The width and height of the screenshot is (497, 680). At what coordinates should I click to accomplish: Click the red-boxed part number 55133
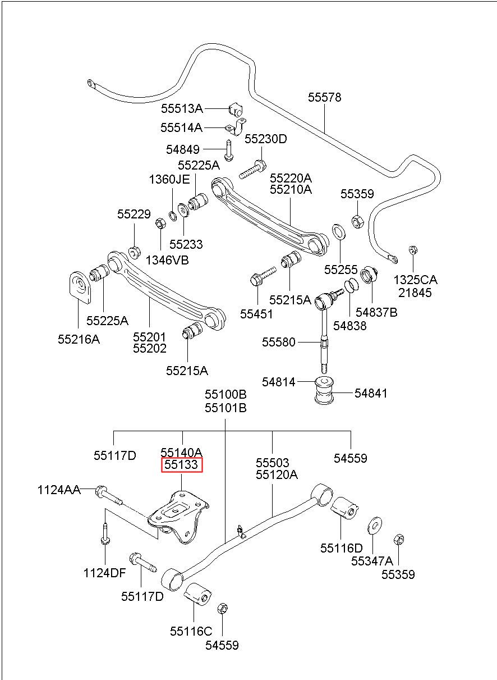click(181, 465)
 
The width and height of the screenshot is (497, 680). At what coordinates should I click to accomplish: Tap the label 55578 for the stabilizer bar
click(324, 97)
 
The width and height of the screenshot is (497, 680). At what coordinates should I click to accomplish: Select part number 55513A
click(182, 108)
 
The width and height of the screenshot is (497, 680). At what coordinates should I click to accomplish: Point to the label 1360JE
click(169, 180)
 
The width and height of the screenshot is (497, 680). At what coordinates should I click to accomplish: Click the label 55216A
click(79, 339)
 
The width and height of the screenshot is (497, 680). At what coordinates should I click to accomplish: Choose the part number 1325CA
click(415, 280)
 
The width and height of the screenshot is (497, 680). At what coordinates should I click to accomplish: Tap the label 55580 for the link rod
click(279, 342)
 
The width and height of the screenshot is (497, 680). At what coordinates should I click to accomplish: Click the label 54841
click(371, 394)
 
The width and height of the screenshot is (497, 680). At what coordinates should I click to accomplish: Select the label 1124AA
click(59, 490)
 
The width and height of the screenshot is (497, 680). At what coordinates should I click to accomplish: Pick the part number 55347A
click(372, 561)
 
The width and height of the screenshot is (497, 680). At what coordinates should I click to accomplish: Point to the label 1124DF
click(104, 573)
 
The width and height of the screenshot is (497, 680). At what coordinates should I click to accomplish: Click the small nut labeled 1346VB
click(160, 223)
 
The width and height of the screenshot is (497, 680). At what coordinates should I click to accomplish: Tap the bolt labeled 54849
click(228, 150)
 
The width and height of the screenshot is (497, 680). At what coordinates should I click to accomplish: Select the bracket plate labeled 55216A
click(80, 286)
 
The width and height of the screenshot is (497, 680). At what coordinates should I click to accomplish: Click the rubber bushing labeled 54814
click(324, 391)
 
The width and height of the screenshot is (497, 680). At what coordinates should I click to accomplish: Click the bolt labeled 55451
click(263, 276)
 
